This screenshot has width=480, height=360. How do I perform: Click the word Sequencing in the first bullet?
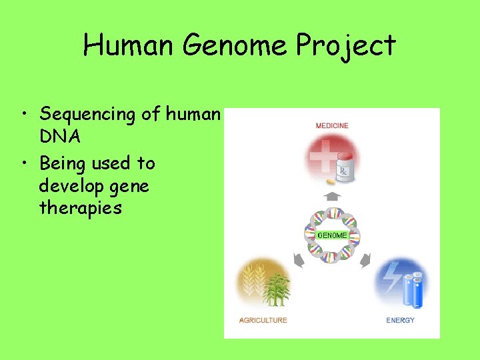[87, 115]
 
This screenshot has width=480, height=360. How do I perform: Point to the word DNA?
[59, 137]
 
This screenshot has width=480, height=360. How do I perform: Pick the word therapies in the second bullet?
[81, 208]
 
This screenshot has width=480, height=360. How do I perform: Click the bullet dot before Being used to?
[25, 164]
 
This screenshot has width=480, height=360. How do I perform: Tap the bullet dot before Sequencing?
[25, 115]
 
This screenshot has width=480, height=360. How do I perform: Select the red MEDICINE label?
[331, 125]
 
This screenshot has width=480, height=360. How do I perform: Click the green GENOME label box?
[332, 235]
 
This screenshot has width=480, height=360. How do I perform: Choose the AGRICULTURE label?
[263, 320]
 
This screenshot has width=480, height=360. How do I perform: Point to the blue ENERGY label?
[400, 320]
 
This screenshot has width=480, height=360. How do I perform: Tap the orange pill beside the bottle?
[331, 181]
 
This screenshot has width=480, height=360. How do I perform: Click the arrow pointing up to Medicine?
[332, 197]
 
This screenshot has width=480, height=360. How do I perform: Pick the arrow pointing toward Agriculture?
[299, 261]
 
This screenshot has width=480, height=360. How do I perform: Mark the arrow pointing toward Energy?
[365, 261]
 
